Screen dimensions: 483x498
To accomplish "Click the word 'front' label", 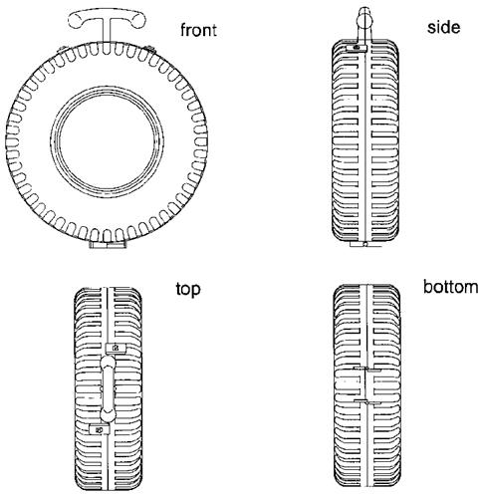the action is [x=198, y=30].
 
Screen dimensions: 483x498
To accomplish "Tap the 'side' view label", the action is [x=443, y=27].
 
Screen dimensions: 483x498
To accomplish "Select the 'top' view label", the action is [x=188, y=290].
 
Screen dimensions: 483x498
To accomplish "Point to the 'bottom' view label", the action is [x=451, y=287].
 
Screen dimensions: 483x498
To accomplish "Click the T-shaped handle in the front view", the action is [x=107, y=20].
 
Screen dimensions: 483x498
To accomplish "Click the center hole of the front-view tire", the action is [x=107, y=142].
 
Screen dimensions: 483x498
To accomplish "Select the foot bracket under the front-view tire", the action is [x=108, y=245].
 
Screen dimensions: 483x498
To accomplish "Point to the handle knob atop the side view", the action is [x=364, y=19].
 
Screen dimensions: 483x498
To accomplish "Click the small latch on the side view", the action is [x=357, y=48].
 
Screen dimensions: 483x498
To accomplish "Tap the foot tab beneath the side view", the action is [x=365, y=244].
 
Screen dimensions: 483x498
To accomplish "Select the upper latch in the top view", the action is [x=116, y=348].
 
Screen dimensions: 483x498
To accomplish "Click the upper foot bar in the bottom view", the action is [x=366, y=370].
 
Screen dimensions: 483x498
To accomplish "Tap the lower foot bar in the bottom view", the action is [x=367, y=402].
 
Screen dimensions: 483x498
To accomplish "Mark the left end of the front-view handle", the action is [x=75, y=21].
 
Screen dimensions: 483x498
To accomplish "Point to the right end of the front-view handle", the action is [x=138, y=21].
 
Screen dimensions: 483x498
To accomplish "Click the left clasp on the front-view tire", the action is [x=62, y=50].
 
